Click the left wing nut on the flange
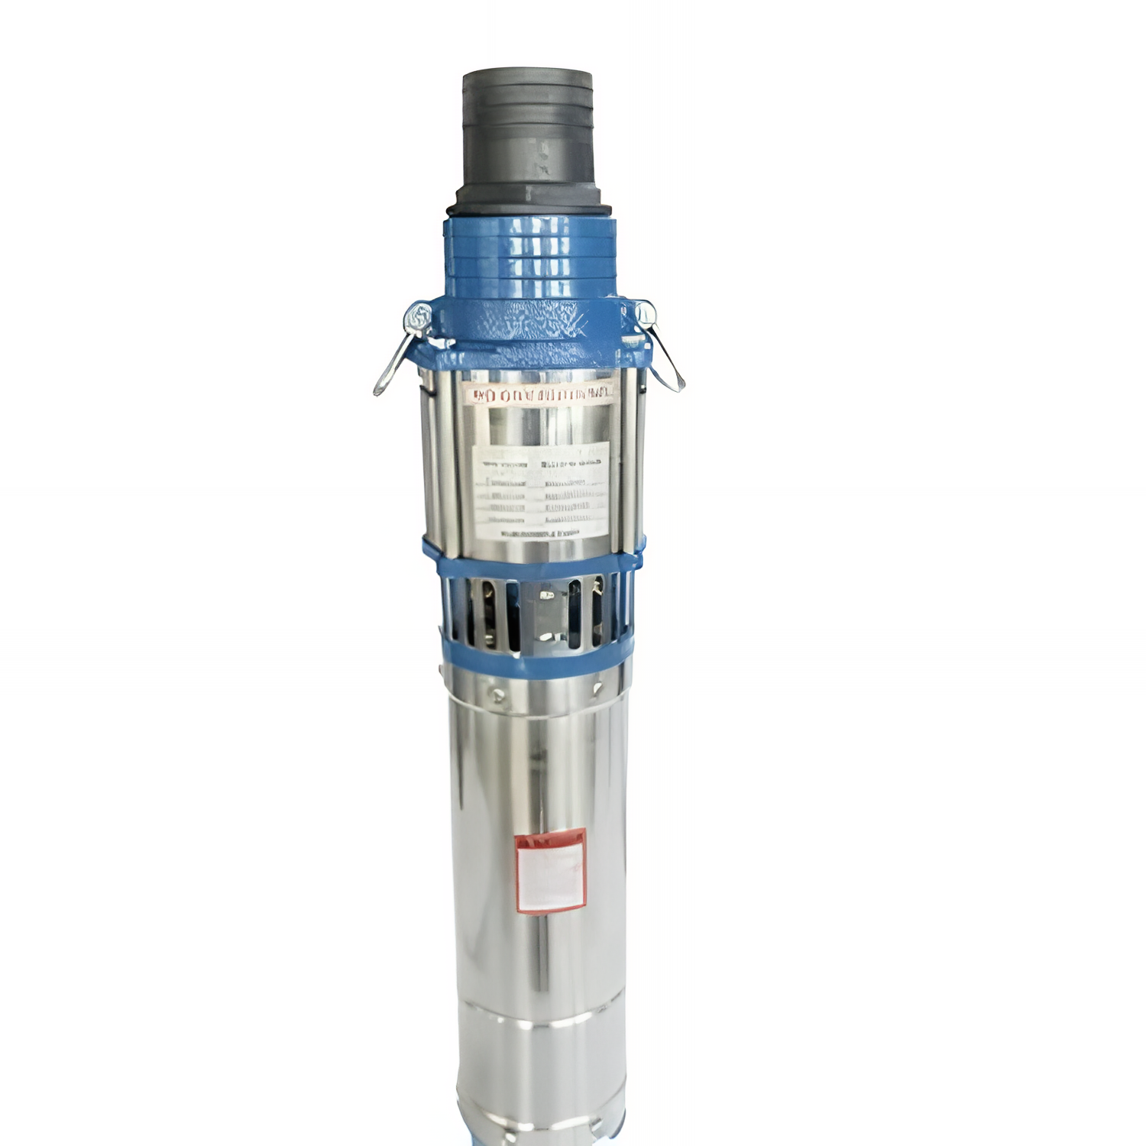pos(419,315)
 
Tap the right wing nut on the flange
pos(644,312)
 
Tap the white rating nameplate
pos(541,489)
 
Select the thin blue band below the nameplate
pos(535,562)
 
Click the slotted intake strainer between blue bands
pos(535,611)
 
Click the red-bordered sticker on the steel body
pos(550,871)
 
